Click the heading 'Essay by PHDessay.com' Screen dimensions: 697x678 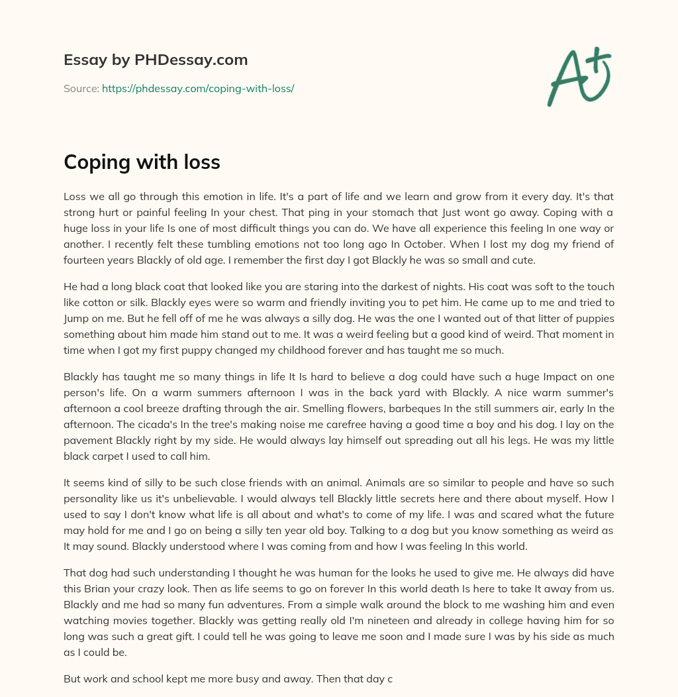click(x=156, y=60)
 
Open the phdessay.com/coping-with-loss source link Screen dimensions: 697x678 click(x=197, y=88)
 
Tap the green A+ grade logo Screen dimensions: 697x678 click(x=578, y=76)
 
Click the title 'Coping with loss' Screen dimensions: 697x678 click(x=142, y=162)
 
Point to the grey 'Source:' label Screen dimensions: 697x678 click(x=81, y=88)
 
